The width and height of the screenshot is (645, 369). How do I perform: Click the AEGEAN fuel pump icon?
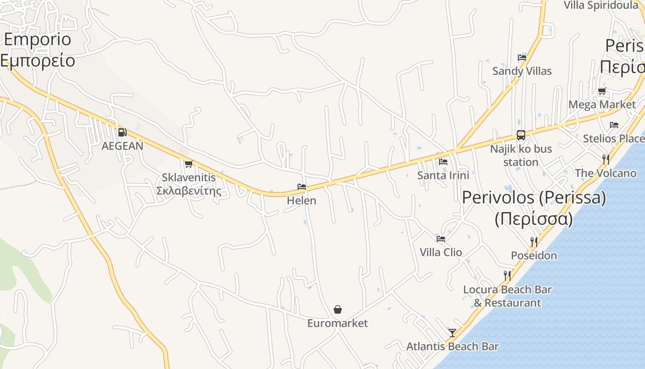(122, 132)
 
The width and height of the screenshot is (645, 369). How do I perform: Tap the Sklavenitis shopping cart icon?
(188, 163)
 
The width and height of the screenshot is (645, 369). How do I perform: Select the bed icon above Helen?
(302, 187)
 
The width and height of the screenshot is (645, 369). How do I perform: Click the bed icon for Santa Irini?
(443, 161)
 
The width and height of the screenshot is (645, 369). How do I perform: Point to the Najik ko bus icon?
(521, 135)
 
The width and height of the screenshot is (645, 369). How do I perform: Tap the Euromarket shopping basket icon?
(338, 309)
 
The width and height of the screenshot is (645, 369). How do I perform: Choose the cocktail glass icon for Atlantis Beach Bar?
(452, 333)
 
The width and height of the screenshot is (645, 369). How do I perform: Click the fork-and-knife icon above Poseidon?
(534, 242)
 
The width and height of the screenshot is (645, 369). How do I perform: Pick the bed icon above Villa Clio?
(441, 238)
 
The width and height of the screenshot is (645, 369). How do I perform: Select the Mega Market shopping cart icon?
(602, 91)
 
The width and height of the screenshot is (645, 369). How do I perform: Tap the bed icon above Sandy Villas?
(522, 57)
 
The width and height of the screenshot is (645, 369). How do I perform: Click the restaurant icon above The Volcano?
(606, 160)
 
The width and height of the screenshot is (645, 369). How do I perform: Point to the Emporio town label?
(38, 40)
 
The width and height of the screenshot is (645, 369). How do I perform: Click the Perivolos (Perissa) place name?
(534, 198)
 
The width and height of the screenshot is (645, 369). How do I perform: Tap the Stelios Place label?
(613, 138)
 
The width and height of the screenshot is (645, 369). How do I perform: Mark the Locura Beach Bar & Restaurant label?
(507, 296)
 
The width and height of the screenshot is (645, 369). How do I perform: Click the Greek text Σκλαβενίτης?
(188, 191)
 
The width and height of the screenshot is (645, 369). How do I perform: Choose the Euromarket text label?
(338, 323)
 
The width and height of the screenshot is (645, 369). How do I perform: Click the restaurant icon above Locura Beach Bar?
(507, 275)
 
